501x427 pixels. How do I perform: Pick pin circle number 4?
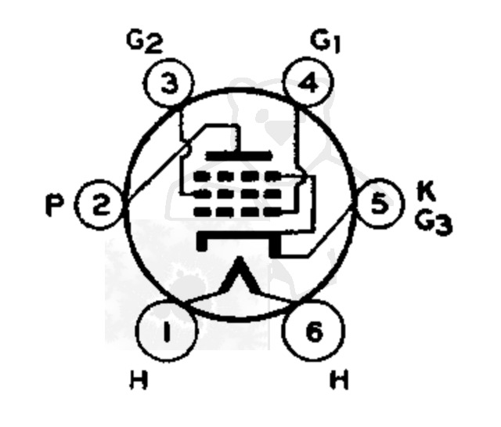[313, 84]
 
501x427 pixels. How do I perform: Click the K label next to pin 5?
[425, 190]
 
